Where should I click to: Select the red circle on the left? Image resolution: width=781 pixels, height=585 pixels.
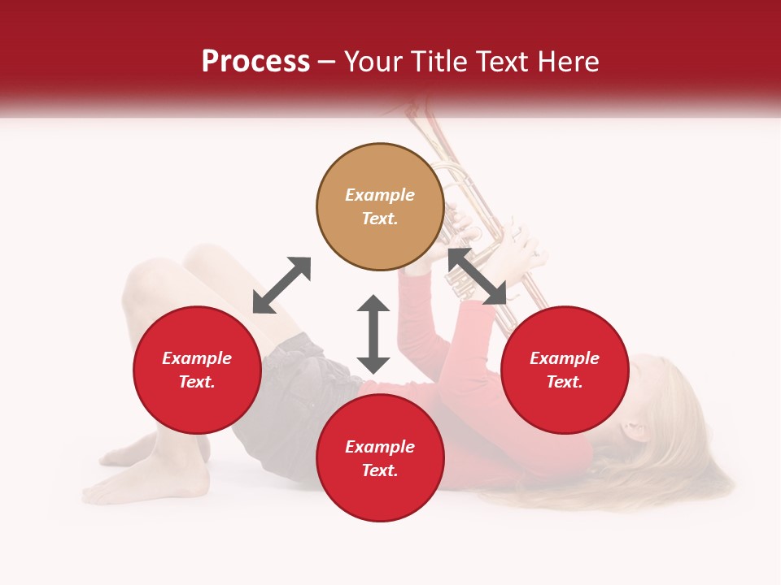click(x=197, y=370)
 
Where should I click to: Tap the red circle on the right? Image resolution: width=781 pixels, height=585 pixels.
click(x=565, y=370)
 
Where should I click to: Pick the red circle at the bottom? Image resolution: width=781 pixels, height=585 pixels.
click(x=380, y=458)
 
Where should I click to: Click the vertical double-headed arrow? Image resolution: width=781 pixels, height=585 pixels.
click(x=373, y=334)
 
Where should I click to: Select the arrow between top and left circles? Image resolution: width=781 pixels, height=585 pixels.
click(x=281, y=285)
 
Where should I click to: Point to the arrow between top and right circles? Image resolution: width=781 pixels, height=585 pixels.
click(x=477, y=277)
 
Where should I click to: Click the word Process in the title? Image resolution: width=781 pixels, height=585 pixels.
click(x=255, y=62)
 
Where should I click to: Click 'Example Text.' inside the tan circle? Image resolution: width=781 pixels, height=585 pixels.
click(x=380, y=206)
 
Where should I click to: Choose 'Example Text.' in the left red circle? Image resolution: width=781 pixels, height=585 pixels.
click(x=197, y=370)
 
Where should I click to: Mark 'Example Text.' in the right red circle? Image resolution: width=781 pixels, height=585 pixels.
click(x=565, y=370)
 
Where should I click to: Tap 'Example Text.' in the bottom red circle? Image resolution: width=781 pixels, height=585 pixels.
click(x=380, y=458)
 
